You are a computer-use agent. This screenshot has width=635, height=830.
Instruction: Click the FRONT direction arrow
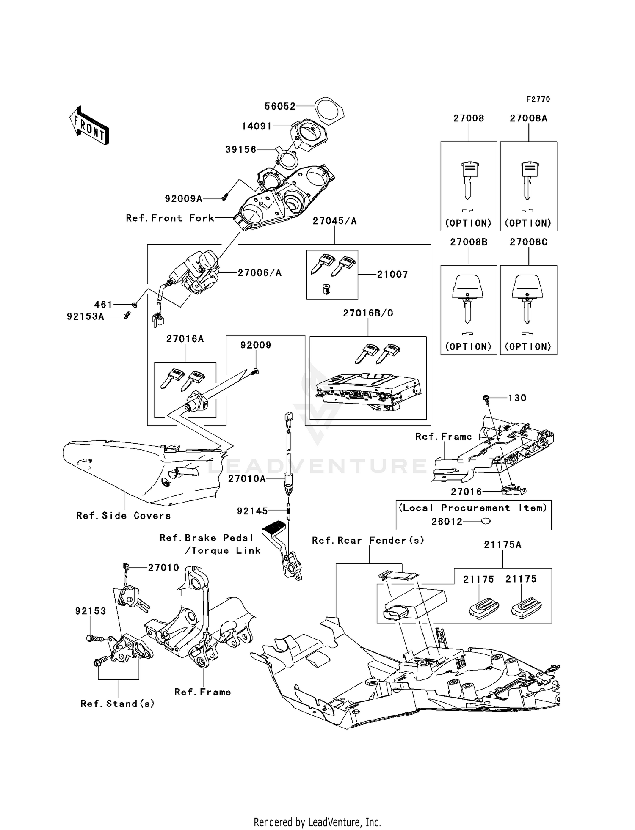click(89, 126)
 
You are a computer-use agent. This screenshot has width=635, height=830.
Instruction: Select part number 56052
click(280, 106)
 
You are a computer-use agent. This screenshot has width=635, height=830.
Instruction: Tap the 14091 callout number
click(257, 126)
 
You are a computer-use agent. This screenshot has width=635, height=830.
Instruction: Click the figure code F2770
click(538, 99)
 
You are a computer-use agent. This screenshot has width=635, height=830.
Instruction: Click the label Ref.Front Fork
click(170, 218)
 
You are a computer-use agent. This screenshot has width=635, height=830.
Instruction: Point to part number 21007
click(392, 275)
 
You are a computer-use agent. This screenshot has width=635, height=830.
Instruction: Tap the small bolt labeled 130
click(486, 398)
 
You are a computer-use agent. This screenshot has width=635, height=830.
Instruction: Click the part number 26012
click(447, 522)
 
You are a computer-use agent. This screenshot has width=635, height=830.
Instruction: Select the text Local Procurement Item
click(473, 508)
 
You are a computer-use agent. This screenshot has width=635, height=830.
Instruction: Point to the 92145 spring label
click(252, 511)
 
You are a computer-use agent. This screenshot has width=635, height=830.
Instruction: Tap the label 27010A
click(247, 479)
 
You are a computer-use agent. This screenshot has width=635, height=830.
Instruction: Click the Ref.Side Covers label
click(124, 516)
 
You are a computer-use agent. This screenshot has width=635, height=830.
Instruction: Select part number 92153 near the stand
click(91, 611)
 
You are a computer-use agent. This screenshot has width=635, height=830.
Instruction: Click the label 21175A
click(502, 545)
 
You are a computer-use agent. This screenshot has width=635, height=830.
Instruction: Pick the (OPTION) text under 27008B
click(468, 347)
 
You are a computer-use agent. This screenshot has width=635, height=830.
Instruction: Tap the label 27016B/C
click(368, 313)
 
